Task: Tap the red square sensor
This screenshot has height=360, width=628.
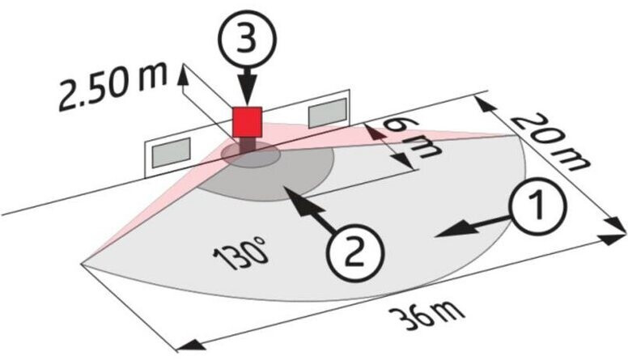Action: coord(247,121)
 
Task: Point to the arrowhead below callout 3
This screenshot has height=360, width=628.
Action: coord(246,95)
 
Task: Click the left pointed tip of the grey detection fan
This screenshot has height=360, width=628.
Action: coord(83,260)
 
